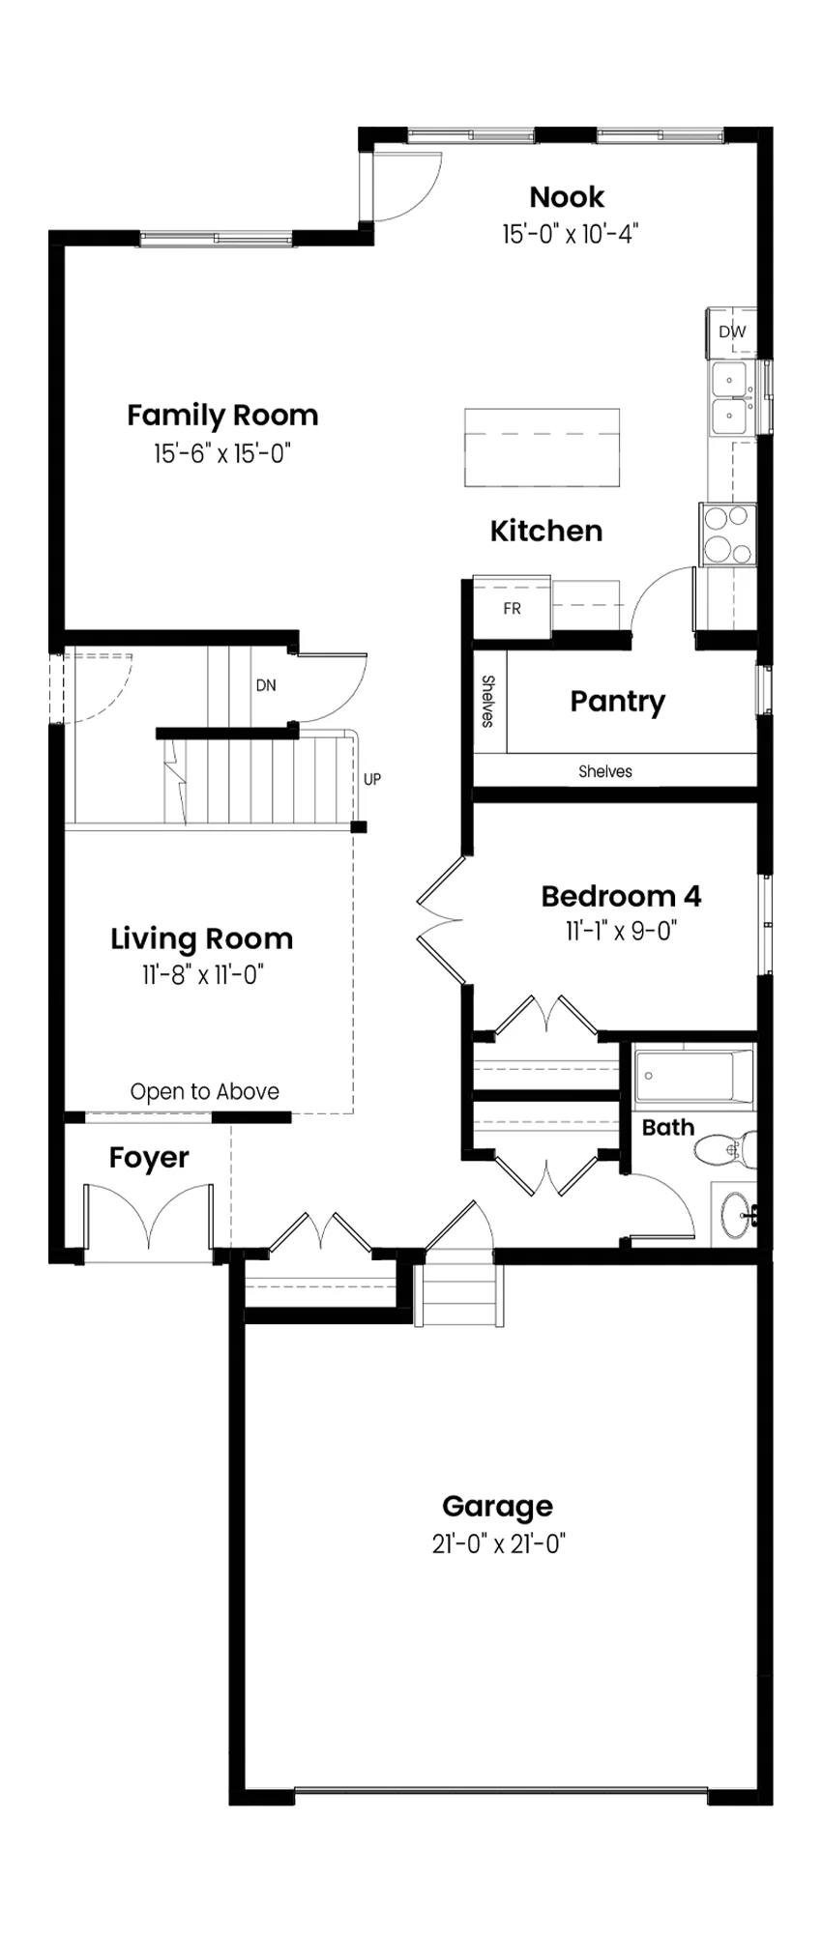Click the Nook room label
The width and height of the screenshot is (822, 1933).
tap(567, 197)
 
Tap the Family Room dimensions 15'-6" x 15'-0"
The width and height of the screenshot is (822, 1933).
tap(222, 453)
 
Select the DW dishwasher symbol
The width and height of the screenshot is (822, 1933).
tap(732, 332)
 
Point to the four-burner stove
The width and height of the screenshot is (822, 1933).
tap(727, 534)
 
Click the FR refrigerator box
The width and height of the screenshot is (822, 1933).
tap(512, 608)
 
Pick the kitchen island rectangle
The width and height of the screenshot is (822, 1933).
tap(542, 447)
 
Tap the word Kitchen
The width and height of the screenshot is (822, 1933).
tap(546, 531)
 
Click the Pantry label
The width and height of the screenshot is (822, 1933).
tap(617, 702)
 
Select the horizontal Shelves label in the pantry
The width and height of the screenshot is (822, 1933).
tap(605, 771)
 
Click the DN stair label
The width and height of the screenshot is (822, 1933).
tap(266, 685)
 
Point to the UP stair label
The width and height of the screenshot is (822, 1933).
tap(372, 779)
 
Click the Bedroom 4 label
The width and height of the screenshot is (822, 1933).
tap(621, 896)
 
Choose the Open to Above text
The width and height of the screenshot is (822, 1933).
tap(205, 1092)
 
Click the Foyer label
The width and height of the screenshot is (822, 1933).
tap(149, 1158)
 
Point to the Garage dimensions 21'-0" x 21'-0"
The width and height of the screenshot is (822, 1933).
tap(498, 1544)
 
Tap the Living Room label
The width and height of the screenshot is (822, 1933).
tap(201, 939)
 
